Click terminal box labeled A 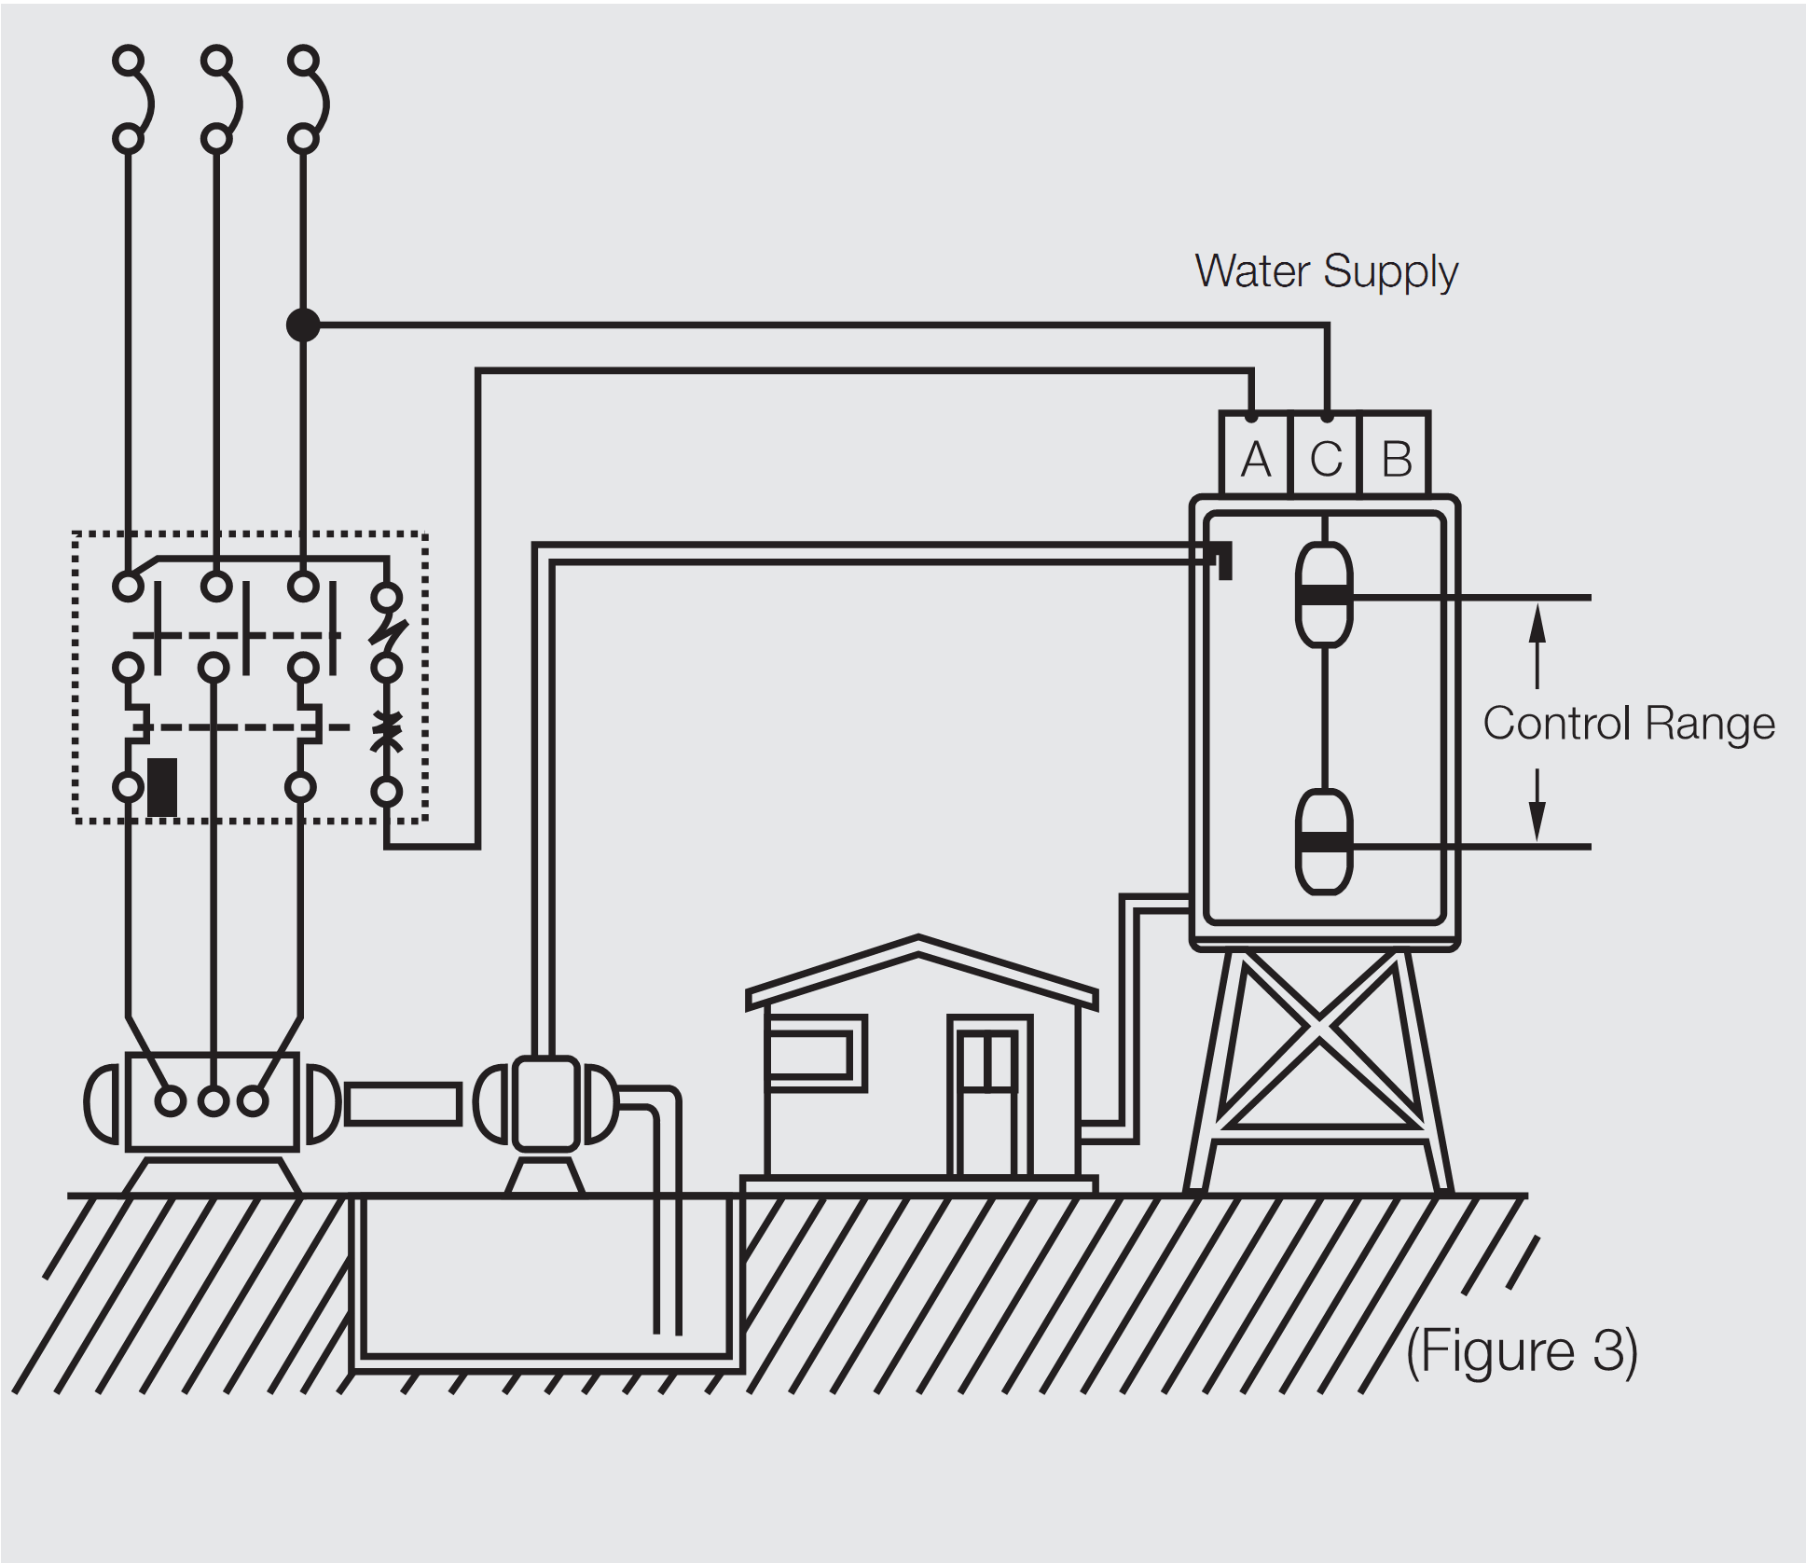(x=1255, y=456)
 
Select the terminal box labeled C (x=1326, y=456)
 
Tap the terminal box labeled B (x=1396, y=456)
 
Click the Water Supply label (x=1326, y=271)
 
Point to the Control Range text (x=1628, y=723)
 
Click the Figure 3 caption (x=1522, y=1351)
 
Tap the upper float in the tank (x=1323, y=595)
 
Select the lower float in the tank (x=1323, y=842)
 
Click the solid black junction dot (x=303, y=325)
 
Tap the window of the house (x=813, y=1054)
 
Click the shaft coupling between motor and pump (x=403, y=1103)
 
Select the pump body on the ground (x=545, y=1103)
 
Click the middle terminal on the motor (x=214, y=1101)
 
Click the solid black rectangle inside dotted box (x=162, y=787)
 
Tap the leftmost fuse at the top (x=130, y=99)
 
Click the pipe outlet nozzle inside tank (x=1222, y=560)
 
